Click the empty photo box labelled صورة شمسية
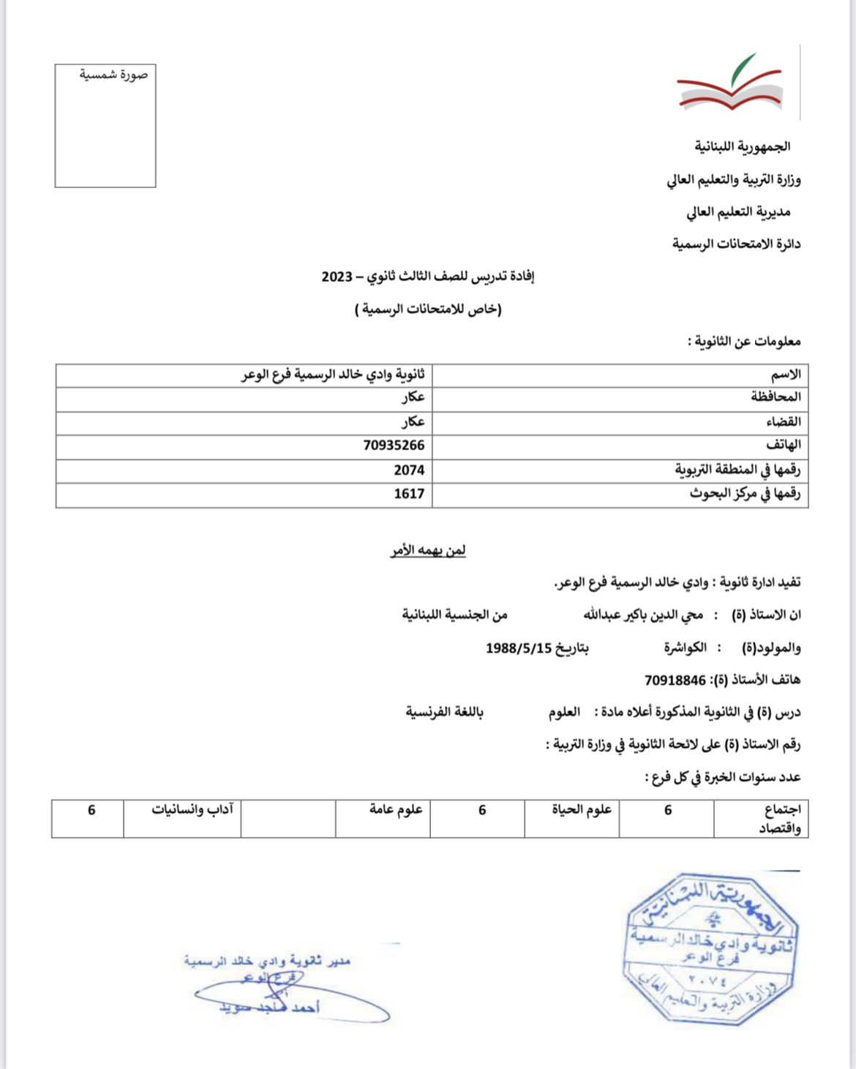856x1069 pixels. [105, 126]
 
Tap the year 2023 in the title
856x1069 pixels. [337, 277]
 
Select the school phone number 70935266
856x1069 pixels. [394, 446]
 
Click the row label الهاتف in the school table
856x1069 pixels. [783, 445]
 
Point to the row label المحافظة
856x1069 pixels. [776, 397]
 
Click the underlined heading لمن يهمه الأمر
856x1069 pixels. [428, 550]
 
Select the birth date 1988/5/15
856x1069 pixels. [518, 648]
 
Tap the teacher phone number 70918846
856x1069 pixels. [675, 680]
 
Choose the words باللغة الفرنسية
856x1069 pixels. [444, 712]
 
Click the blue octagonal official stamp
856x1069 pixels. [710, 948]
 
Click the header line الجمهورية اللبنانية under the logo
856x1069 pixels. [742, 147]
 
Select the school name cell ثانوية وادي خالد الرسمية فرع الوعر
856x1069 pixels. [333, 375]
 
